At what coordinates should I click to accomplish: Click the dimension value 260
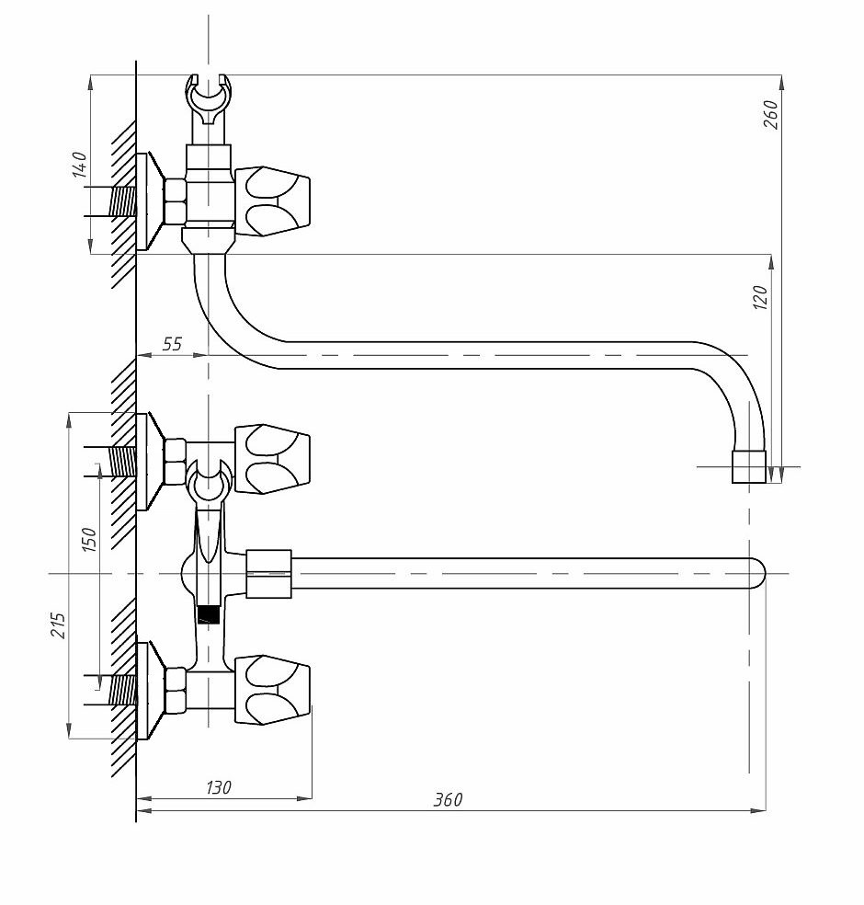(771, 114)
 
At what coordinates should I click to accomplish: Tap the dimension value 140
(80, 165)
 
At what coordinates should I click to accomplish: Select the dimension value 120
(761, 297)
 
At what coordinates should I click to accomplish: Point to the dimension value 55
(172, 344)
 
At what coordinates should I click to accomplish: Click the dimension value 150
(89, 539)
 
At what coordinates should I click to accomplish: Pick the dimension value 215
(58, 625)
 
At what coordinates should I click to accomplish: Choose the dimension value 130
(219, 787)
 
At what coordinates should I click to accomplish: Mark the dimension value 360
(448, 799)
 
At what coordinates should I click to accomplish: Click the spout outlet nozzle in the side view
(749, 466)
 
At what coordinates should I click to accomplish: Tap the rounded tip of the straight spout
(758, 573)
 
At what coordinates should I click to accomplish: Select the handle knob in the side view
(272, 200)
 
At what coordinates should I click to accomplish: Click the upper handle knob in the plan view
(272, 460)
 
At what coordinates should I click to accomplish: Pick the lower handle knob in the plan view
(272, 690)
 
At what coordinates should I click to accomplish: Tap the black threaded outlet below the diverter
(209, 613)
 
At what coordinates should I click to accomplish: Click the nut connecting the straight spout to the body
(268, 573)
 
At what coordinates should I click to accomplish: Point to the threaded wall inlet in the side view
(122, 202)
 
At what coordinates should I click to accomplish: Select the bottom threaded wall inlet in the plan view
(122, 690)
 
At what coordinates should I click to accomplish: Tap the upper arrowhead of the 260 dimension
(781, 83)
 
